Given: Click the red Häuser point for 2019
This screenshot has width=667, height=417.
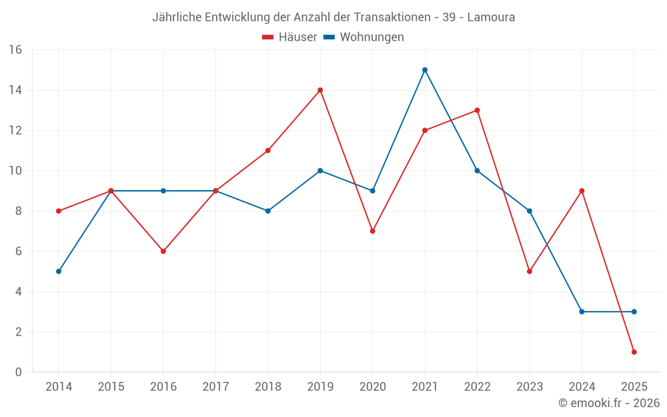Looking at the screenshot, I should coord(320,90).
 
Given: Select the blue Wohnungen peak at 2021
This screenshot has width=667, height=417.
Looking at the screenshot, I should coord(425,70).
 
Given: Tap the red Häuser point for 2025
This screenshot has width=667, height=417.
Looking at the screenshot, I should coord(634,352).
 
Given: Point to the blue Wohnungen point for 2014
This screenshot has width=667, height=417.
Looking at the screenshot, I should coord(59,272).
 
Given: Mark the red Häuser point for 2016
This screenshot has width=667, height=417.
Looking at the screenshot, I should coord(163,252).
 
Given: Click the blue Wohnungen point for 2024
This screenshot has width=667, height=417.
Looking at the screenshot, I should coord(582,312).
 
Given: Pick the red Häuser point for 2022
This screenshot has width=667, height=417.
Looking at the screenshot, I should coord(477,110).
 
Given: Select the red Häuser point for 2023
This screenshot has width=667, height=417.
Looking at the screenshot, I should coord(530,272).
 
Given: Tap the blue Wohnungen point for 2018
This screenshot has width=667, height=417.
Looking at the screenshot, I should coord(267,211).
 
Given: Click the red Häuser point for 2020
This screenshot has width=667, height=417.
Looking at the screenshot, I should coord(372,231).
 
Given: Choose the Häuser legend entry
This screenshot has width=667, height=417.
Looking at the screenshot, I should coord(289,37).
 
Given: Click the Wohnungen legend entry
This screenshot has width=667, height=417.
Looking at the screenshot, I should coord(364,37).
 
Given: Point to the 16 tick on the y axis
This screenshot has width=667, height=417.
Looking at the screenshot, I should coord(15,50).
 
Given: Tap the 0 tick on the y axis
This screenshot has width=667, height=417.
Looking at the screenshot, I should coord(18,372).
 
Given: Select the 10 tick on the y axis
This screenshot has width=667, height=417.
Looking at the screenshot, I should coord(15,171).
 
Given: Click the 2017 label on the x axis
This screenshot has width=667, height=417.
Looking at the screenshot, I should coord(215,387).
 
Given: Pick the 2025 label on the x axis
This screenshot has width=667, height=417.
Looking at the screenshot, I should coord(634,387).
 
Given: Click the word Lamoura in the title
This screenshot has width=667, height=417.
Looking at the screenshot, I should coord(491,17).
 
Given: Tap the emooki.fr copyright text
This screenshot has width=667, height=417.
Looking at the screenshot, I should coord(609,403).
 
